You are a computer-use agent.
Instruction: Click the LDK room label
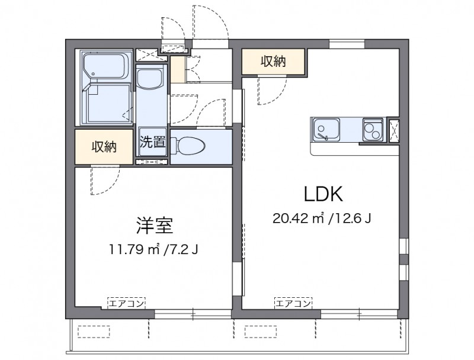tap(323, 194)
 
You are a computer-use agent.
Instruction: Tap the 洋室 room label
tap(155, 226)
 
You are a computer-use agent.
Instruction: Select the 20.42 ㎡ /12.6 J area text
tap(322, 218)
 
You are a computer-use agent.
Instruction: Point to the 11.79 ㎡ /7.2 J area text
tap(153, 249)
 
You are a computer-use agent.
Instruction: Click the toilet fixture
tap(188, 146)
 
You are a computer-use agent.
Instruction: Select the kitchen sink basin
tap(326, 129)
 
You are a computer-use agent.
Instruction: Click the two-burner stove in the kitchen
tap(373, 130)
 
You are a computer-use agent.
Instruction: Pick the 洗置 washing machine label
tap(152, 142)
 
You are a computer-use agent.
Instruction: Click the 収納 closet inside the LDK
tap(273, 62)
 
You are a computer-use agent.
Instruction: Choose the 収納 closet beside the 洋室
tap(104, 147)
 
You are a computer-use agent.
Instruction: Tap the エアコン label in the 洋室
tap(127, 303)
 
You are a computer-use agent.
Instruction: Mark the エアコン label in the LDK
tap(293, 303)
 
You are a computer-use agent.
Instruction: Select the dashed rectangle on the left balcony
tap(94, 332)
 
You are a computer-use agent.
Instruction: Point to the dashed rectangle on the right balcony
tap(261, 332)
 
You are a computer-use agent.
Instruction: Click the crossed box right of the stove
tap(394, 131)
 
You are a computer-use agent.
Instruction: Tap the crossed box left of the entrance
tap(146, 54)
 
